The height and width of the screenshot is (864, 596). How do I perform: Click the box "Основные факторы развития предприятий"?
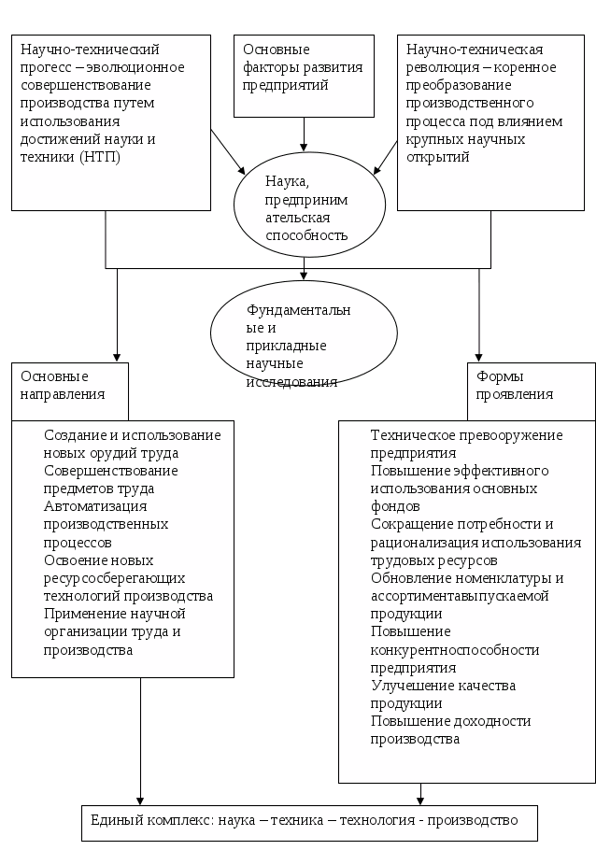pos(304,76)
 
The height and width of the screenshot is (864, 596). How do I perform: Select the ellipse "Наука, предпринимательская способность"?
pos(307,206)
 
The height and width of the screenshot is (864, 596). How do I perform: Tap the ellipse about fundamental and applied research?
pos(303,336)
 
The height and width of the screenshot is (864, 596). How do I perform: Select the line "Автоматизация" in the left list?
pos(89,506)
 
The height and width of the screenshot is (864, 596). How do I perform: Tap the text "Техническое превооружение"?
pos(466,435)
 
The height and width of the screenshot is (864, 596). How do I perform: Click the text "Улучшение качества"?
pos(443,686)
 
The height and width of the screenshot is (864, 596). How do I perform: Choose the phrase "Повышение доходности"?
pos(450,721)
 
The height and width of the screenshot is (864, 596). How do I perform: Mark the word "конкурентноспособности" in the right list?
pos(455,650)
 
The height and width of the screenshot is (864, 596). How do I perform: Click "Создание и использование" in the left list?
pos(132,435)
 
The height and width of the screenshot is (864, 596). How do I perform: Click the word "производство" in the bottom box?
pos(475,821)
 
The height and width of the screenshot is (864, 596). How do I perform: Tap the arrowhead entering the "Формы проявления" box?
pos(480,357)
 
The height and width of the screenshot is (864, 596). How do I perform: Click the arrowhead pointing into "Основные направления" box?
pos(118,357)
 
